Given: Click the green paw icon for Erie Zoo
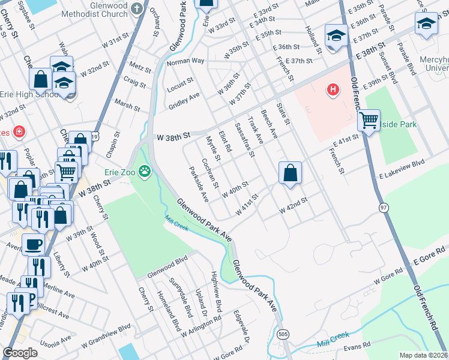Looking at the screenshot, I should [x=145, y=172].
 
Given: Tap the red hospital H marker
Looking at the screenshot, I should [x=332, y=90].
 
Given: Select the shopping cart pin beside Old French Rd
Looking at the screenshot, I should [x=369, y=120].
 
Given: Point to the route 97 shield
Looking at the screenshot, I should [x=383, y=207].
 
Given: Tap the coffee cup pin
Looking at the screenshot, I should [x=33, y=244].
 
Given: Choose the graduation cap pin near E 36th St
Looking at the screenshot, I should [x=336, y=36].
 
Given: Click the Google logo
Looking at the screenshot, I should [x=20, y=352].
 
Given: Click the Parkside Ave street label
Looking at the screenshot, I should [x=198, y=184].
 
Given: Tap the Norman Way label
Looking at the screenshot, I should [x=185, y=62].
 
